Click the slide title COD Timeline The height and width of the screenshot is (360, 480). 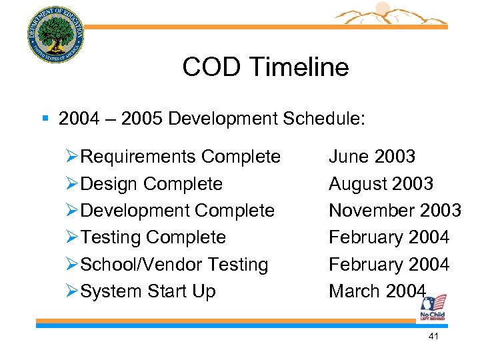click(265, 67)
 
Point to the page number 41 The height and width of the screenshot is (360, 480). click(433, 337)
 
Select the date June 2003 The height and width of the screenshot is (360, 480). click(372, 157)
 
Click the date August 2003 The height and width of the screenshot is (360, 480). click(381, 184)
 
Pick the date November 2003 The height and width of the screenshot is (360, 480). click(395, 211)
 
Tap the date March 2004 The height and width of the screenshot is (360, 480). click(377, 291)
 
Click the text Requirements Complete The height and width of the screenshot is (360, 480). click(180, 157)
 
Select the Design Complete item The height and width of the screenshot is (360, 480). click(151, 184)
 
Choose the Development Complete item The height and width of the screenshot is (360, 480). click(177, 211)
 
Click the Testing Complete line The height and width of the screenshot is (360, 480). click(153, 237)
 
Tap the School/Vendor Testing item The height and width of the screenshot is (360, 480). click(174, 265)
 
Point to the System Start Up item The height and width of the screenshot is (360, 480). click(148, 291)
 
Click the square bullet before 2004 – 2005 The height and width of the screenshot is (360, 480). click(45, 119)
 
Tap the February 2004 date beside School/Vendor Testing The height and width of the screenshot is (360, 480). click(389, 265)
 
